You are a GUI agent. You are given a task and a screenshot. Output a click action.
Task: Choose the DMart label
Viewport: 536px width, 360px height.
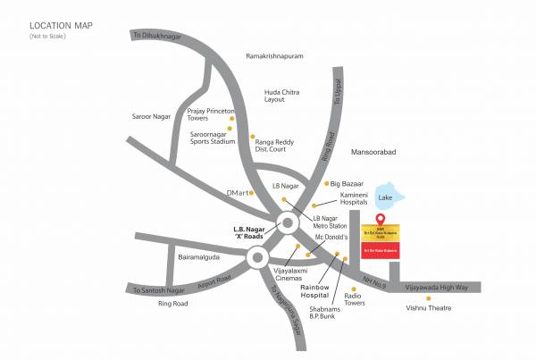[237, 192]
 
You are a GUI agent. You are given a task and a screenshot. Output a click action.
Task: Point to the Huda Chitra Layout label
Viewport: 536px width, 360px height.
[284, 96]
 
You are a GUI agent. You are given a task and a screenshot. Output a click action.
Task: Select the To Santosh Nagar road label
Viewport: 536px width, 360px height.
[158, 290]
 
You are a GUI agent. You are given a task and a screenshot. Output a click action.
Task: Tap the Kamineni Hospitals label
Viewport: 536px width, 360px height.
[356, 199]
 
